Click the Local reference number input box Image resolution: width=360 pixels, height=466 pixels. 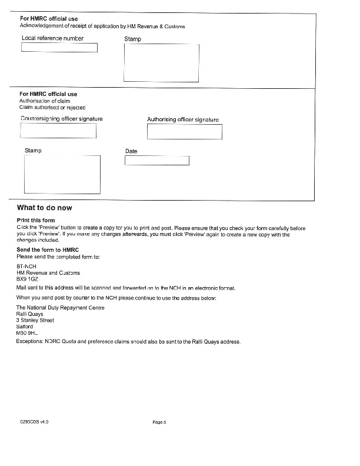59,48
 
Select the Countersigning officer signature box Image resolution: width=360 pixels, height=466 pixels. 58,131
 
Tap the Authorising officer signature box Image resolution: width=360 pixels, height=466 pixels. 184,132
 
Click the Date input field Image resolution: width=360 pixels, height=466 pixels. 157,161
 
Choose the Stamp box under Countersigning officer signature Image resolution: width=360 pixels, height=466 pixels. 62,175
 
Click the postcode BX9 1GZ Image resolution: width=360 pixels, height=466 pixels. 28,279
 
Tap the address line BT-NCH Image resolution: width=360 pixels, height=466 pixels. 26,267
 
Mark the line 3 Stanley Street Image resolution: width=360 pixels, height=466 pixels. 35,321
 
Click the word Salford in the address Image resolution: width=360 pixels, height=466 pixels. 25,327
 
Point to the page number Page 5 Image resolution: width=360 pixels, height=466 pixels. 159,422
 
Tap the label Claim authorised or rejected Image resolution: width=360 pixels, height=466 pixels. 52,108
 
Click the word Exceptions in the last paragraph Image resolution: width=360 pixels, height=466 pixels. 31,342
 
